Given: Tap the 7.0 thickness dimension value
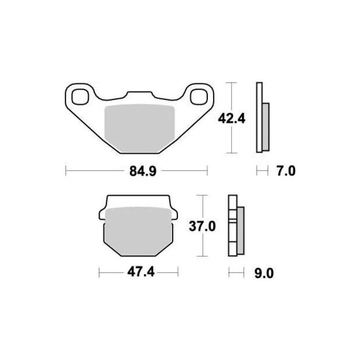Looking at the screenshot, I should pos(286,171).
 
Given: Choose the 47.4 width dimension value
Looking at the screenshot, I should pos(138,273).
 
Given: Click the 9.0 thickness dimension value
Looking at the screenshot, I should pos(263,273).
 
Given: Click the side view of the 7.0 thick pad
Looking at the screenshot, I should pos(262,118).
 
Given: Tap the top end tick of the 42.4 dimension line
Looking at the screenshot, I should pos(232,83).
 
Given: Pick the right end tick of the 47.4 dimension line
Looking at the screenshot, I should pos(177,273).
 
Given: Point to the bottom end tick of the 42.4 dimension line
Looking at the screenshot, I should pos(232,153).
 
